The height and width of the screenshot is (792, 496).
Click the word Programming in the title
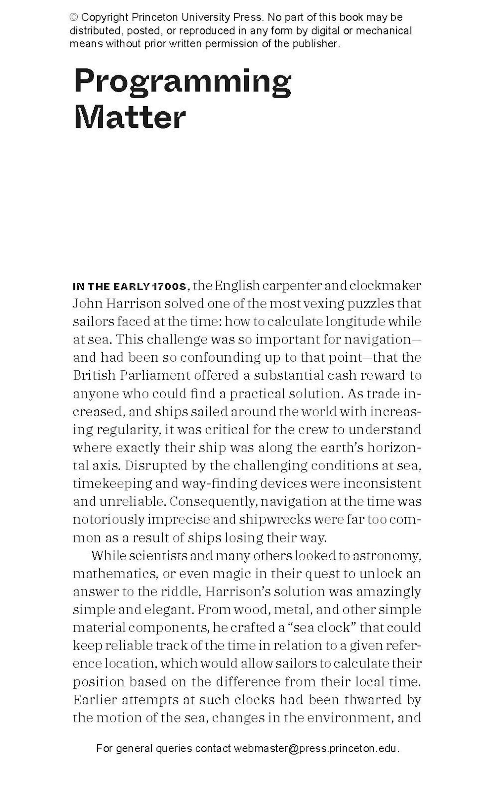pos(183,81)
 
